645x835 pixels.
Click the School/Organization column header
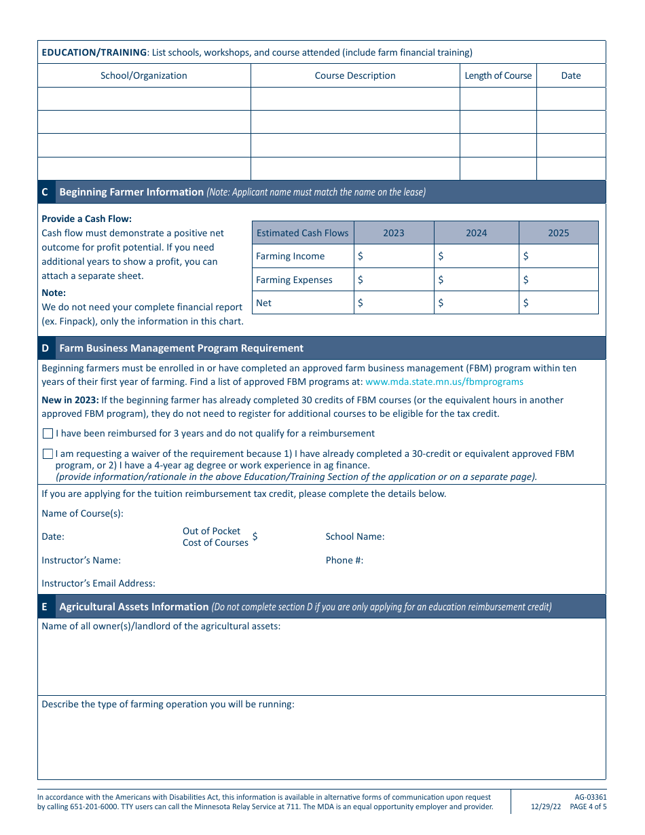[144, 75]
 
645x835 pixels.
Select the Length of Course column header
[498, 75]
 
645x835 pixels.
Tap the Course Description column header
[355, 75]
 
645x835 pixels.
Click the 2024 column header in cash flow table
[476, 233]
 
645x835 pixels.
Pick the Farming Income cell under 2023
[394, 256]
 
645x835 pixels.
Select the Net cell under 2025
[559, 303]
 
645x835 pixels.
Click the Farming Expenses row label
[294, 280]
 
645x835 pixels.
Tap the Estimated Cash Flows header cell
[302, 233]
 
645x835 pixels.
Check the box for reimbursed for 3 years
[48, 433]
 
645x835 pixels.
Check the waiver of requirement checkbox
[48, 453]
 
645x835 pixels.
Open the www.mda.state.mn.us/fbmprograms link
[444, 382]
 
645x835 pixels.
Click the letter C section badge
[45, 192]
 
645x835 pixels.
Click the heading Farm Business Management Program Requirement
[181, 348]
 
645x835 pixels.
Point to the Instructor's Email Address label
[98, 583]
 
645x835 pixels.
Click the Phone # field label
[344, 560]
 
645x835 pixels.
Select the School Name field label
[354, 536]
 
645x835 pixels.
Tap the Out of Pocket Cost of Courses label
[215, 536]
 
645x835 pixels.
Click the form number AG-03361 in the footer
[585, 797]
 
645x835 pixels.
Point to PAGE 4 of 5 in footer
[588, 807]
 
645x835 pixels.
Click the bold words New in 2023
[70, 400]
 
